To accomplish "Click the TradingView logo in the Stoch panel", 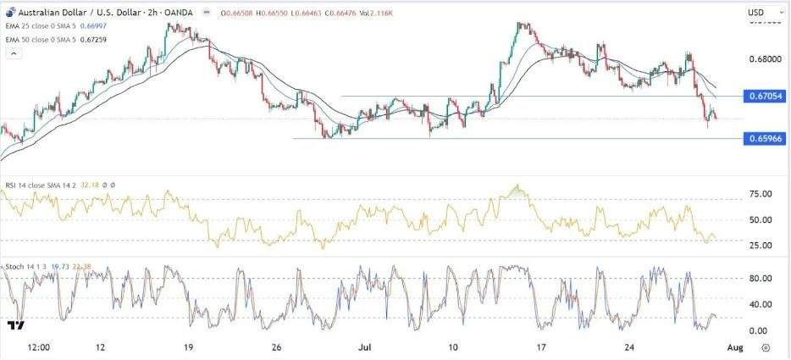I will point(15,324).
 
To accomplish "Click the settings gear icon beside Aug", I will point(766,347).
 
